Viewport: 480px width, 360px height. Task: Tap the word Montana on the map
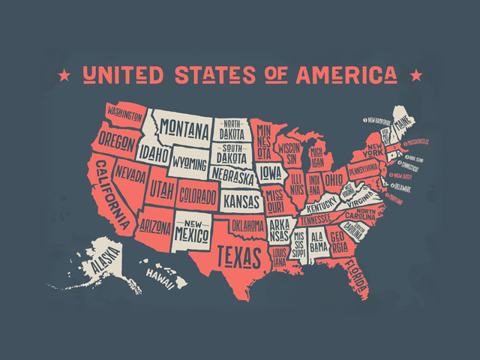pos(183,129)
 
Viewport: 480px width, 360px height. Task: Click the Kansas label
pos(242,200)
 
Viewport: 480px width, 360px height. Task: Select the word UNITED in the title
pos(122,74)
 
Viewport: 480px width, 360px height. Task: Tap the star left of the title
pos(64,74)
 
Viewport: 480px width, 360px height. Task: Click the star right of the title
pos(415,74)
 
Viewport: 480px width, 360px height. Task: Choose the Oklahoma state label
pos(247,225)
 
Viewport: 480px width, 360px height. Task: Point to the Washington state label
pos(124,115)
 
